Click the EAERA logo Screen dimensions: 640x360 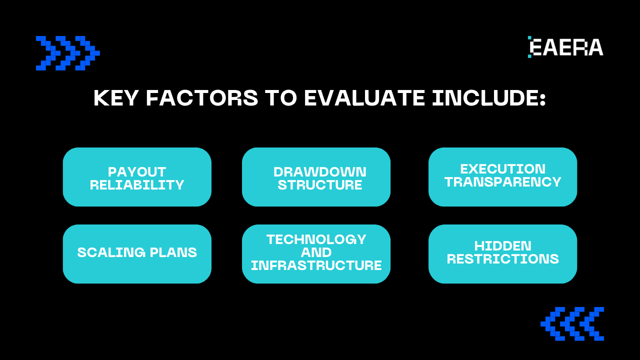click(565, 47)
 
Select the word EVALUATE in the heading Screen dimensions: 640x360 click(364, 98)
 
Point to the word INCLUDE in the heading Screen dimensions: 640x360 click(489, 98)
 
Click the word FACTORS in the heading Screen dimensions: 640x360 click(202, 98)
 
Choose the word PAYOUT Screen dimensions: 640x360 click(137, 172)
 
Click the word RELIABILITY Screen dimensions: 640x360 click(137, 185)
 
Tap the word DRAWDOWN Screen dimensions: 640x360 click(320, 172)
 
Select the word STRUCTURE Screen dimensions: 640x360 click(320, 185)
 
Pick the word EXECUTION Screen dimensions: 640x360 click(503, 169)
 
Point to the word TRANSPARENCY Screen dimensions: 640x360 click(503, 182)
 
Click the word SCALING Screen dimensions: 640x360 click(111, 252)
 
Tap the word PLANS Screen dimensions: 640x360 click(173, 252)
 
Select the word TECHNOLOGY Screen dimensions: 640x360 click(316, 239)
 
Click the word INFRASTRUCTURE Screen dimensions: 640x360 click(316, 265)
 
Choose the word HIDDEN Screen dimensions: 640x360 click(503, 246)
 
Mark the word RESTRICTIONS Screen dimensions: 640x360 click(503, 259)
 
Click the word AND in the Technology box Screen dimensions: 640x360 click(316, 252)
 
